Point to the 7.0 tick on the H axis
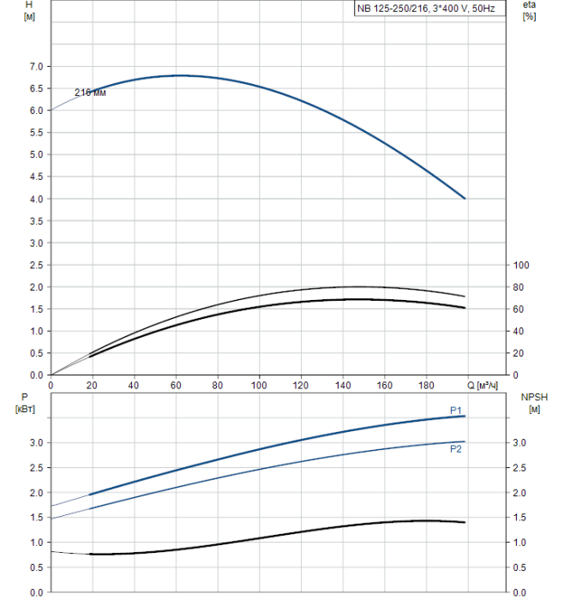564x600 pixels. tap(36, 67)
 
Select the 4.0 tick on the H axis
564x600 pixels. tap(36, 199)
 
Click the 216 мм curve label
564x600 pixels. tap(89, 93)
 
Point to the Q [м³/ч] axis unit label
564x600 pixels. tap(489, 386)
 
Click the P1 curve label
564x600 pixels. tap(455, 410)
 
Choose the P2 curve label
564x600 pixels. tap(455, 448)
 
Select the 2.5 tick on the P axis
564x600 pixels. tap(36, 468)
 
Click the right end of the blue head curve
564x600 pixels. tap(465, 198)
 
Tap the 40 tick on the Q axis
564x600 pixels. tap(134, 386)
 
